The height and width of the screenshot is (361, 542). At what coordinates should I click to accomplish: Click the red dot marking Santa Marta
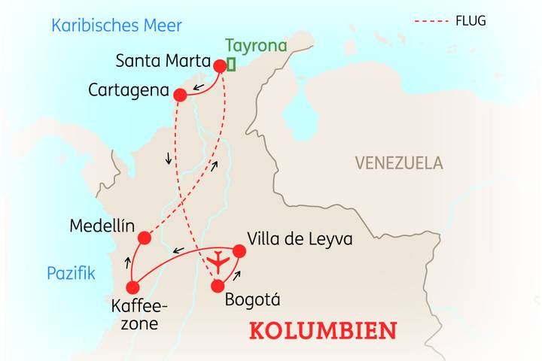tap(221, 65)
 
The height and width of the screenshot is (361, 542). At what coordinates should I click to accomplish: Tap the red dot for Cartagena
tap(180, 95)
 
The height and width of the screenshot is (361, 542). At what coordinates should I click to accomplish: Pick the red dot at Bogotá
tap(218, 286)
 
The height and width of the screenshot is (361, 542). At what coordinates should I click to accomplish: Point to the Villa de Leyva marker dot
tap(239, 250)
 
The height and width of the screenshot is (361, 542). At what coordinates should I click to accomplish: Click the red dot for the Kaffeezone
tap(133, 287)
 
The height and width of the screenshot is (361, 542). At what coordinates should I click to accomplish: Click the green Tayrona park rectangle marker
tap(231, 65)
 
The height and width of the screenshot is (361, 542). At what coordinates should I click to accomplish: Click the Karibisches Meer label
tap(117, 26)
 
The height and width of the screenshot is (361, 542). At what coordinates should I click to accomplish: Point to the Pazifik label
tap(71, 273)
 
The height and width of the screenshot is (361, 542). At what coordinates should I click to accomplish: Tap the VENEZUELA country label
tap(399, 162)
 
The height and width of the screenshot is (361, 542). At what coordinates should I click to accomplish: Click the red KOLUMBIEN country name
tap(323, 330)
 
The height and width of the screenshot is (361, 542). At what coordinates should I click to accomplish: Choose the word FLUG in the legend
tap(470, 21)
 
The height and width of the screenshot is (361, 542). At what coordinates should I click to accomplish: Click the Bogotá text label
tap(253, 299)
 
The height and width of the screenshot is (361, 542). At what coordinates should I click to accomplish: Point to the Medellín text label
tap(101, 226)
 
